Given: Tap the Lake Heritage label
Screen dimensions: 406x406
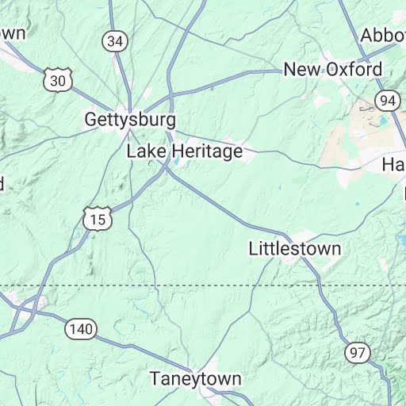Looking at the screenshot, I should coord(185,151).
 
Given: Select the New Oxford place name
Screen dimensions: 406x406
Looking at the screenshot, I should coord(333,70).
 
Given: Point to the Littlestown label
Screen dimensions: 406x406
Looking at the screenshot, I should coord(295,248).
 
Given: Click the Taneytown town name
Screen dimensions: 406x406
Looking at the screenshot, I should coord(196,378).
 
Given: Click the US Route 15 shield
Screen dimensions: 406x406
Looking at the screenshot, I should coord(95,218).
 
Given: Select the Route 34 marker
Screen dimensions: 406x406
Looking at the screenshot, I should coord(116,41).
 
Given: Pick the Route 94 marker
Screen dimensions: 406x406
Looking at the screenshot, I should coord(388,101).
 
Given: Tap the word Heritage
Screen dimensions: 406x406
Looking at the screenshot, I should coord(206,151).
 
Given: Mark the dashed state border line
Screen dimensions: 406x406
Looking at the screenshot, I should coord(198,285).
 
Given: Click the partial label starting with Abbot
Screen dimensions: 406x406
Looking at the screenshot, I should coord(384,36).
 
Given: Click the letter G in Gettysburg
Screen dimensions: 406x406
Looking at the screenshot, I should coord(91,121).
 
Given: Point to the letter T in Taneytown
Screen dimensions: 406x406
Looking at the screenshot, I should coord(155,378).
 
